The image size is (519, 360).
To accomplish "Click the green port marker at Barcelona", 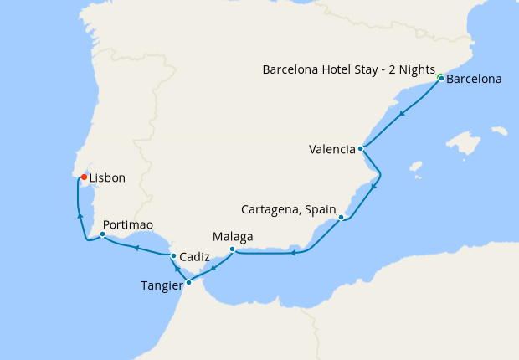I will (x=440, y=78).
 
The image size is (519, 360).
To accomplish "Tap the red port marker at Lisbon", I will (x=85, y=177).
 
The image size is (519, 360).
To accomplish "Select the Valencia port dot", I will (x=360, y=149).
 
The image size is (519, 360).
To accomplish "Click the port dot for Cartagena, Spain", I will (x=341, y=218).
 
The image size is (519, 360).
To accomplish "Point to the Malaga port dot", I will (x=232, y=249).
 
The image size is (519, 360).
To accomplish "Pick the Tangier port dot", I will (x=188, y=282).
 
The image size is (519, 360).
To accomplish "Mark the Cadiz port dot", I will (x=172, y=255).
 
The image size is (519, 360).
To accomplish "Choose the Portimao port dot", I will (x=102, y=234).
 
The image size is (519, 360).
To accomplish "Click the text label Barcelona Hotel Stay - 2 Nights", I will (x=351, y=70).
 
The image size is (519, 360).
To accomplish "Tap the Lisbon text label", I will (x=107, y=177).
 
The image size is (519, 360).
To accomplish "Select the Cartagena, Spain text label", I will (x=288, y=208).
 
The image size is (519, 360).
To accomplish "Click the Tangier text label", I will (x=162, y=285).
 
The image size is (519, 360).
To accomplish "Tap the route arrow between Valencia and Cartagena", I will (x=373, y=186).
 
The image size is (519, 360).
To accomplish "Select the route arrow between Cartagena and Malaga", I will (x=293, y=253).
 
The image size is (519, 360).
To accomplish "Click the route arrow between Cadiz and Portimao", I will (x=136, y=247).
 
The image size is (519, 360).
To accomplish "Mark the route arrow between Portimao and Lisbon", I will (x=80, y=216).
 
